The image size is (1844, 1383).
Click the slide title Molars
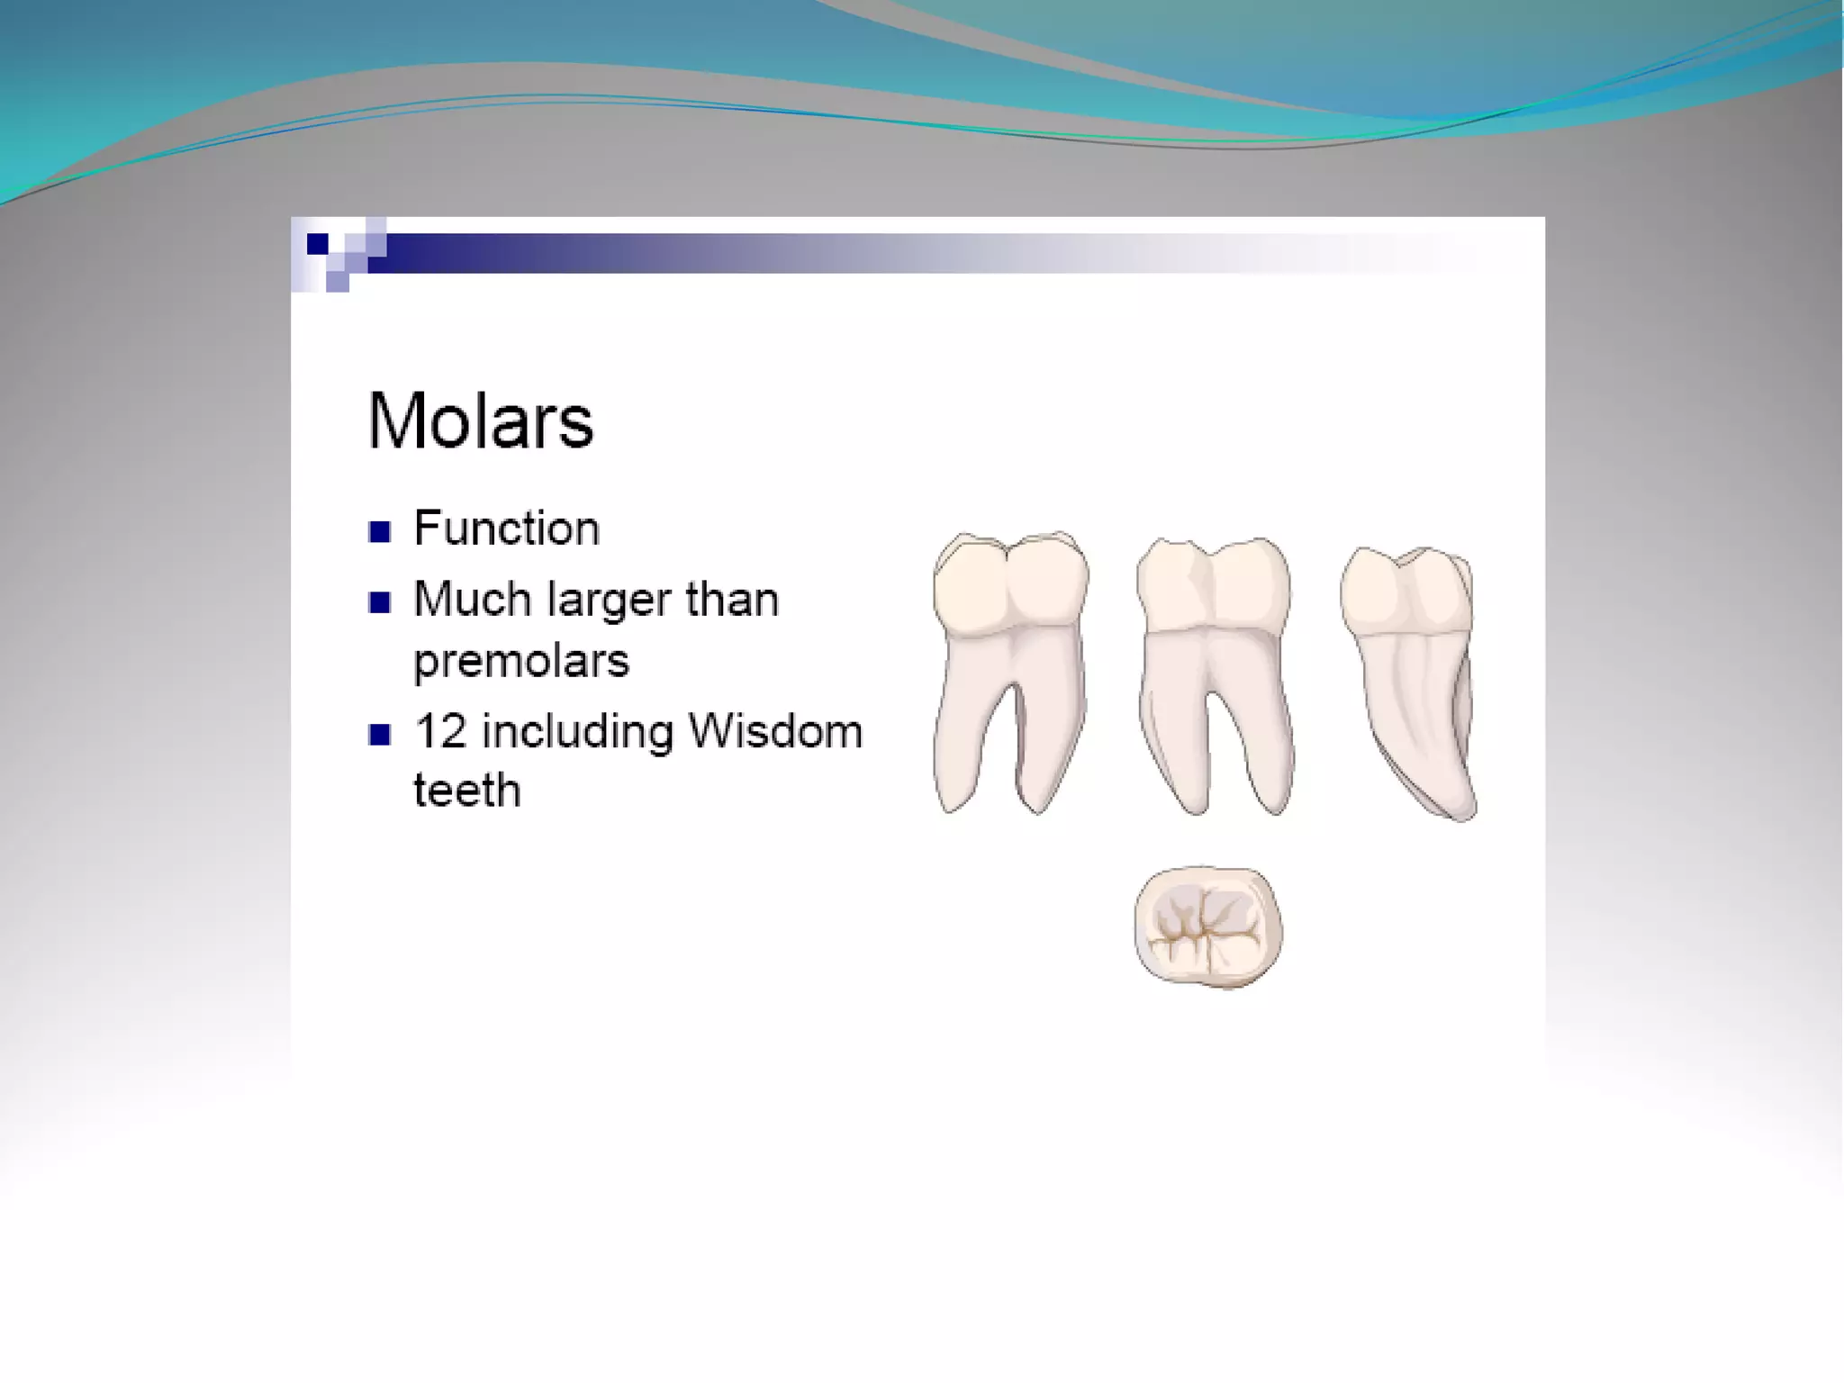pyautogui.click(x=480, y=420)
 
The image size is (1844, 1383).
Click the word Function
pyautogui.click(x=506, y=529)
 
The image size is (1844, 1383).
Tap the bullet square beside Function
pyautogui.click(x=380, y=532)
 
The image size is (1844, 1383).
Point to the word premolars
pyautogui.click(x=521, y=662)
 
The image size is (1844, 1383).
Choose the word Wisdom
pyautogui.click(x=774, y=731)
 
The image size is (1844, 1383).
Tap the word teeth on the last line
pyautogui.click(x=466, y=791)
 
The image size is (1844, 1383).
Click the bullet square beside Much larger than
pyautogui.click(x=380, y=602)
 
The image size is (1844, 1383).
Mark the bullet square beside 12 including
pyautogui.click(x=380, y=735)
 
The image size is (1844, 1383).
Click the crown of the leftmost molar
pyautogui.click(x=1010, y=585)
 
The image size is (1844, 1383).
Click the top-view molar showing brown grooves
pyautogui.click(x=1207, y=927)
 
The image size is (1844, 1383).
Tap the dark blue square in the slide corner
pyautogui.click(x=317, y=243)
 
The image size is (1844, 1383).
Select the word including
pyautogui.click(x=577, y=731)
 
